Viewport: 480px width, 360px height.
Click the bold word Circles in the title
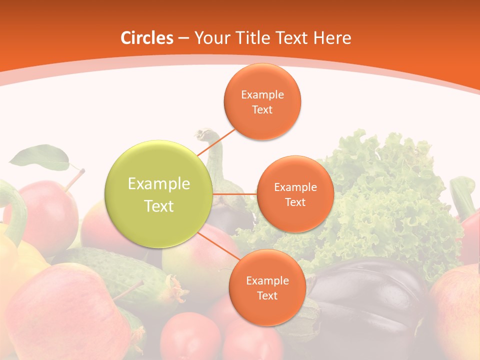146,38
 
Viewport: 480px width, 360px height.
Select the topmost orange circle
262,101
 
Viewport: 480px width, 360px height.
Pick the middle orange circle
295,194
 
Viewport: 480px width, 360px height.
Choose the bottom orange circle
267,287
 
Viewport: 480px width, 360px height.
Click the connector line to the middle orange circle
235,193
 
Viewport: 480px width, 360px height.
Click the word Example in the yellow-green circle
159,184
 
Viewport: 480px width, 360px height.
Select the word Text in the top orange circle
262,110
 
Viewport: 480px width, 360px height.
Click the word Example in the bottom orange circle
267,280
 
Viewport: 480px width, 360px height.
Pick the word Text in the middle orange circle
295,202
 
